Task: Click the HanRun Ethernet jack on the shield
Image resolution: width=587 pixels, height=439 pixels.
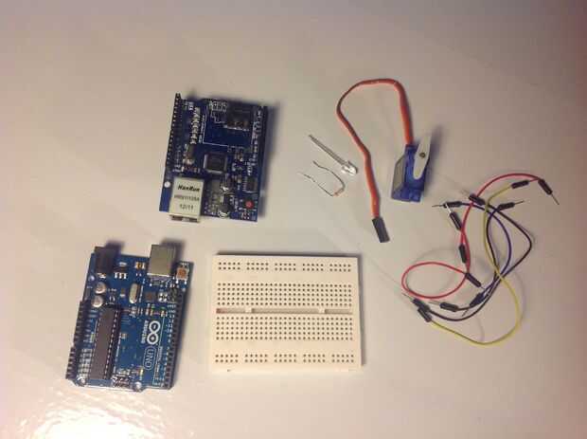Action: tap(187, 197)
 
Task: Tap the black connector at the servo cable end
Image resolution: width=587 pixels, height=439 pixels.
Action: tap(381, 230)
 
